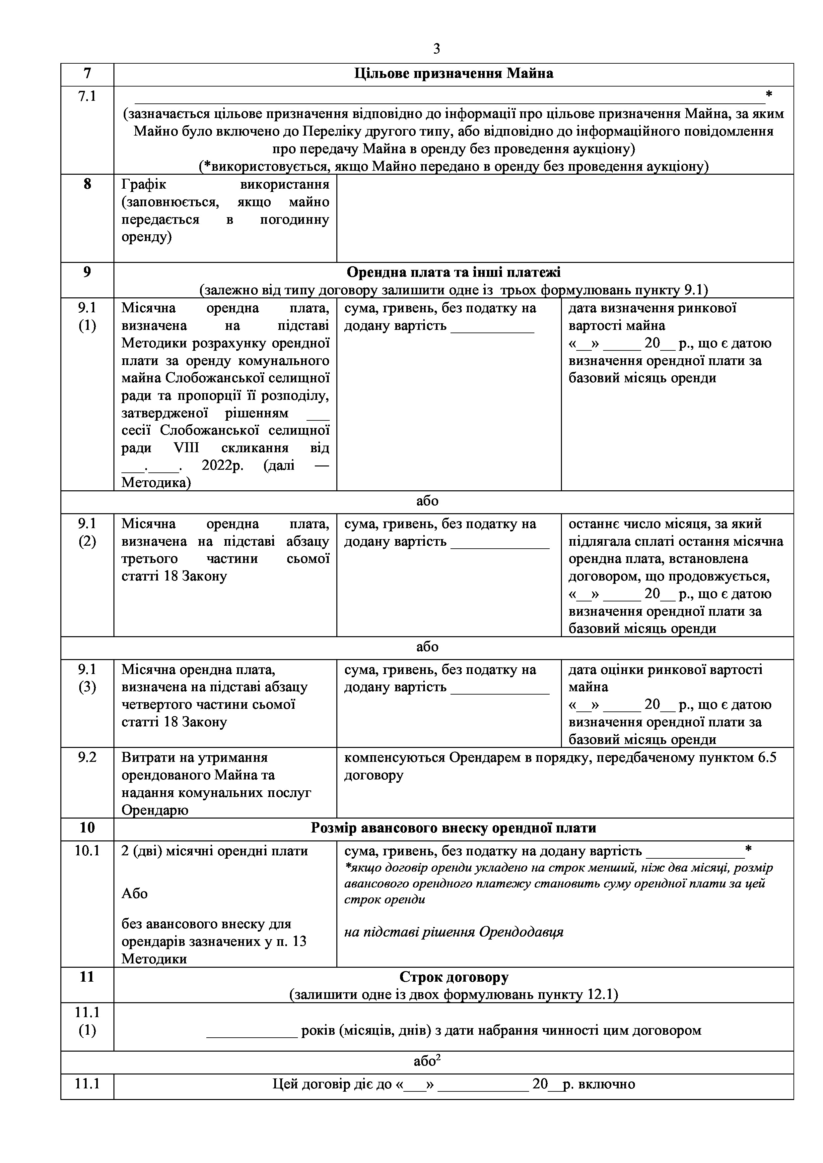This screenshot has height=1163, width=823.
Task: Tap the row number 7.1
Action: pos(87,96)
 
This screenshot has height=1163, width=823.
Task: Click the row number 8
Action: pos(87,184)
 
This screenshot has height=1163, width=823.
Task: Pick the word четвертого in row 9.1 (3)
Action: pos(158,704)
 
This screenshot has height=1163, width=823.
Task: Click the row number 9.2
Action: pos(87,758)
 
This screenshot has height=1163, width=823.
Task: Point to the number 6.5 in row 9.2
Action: pos(765,758)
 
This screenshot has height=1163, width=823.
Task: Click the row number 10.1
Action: pos(87,851)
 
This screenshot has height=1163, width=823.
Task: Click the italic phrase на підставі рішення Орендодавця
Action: pos(453,932)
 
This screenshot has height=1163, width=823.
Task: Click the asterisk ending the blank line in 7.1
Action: pos(769,94)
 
